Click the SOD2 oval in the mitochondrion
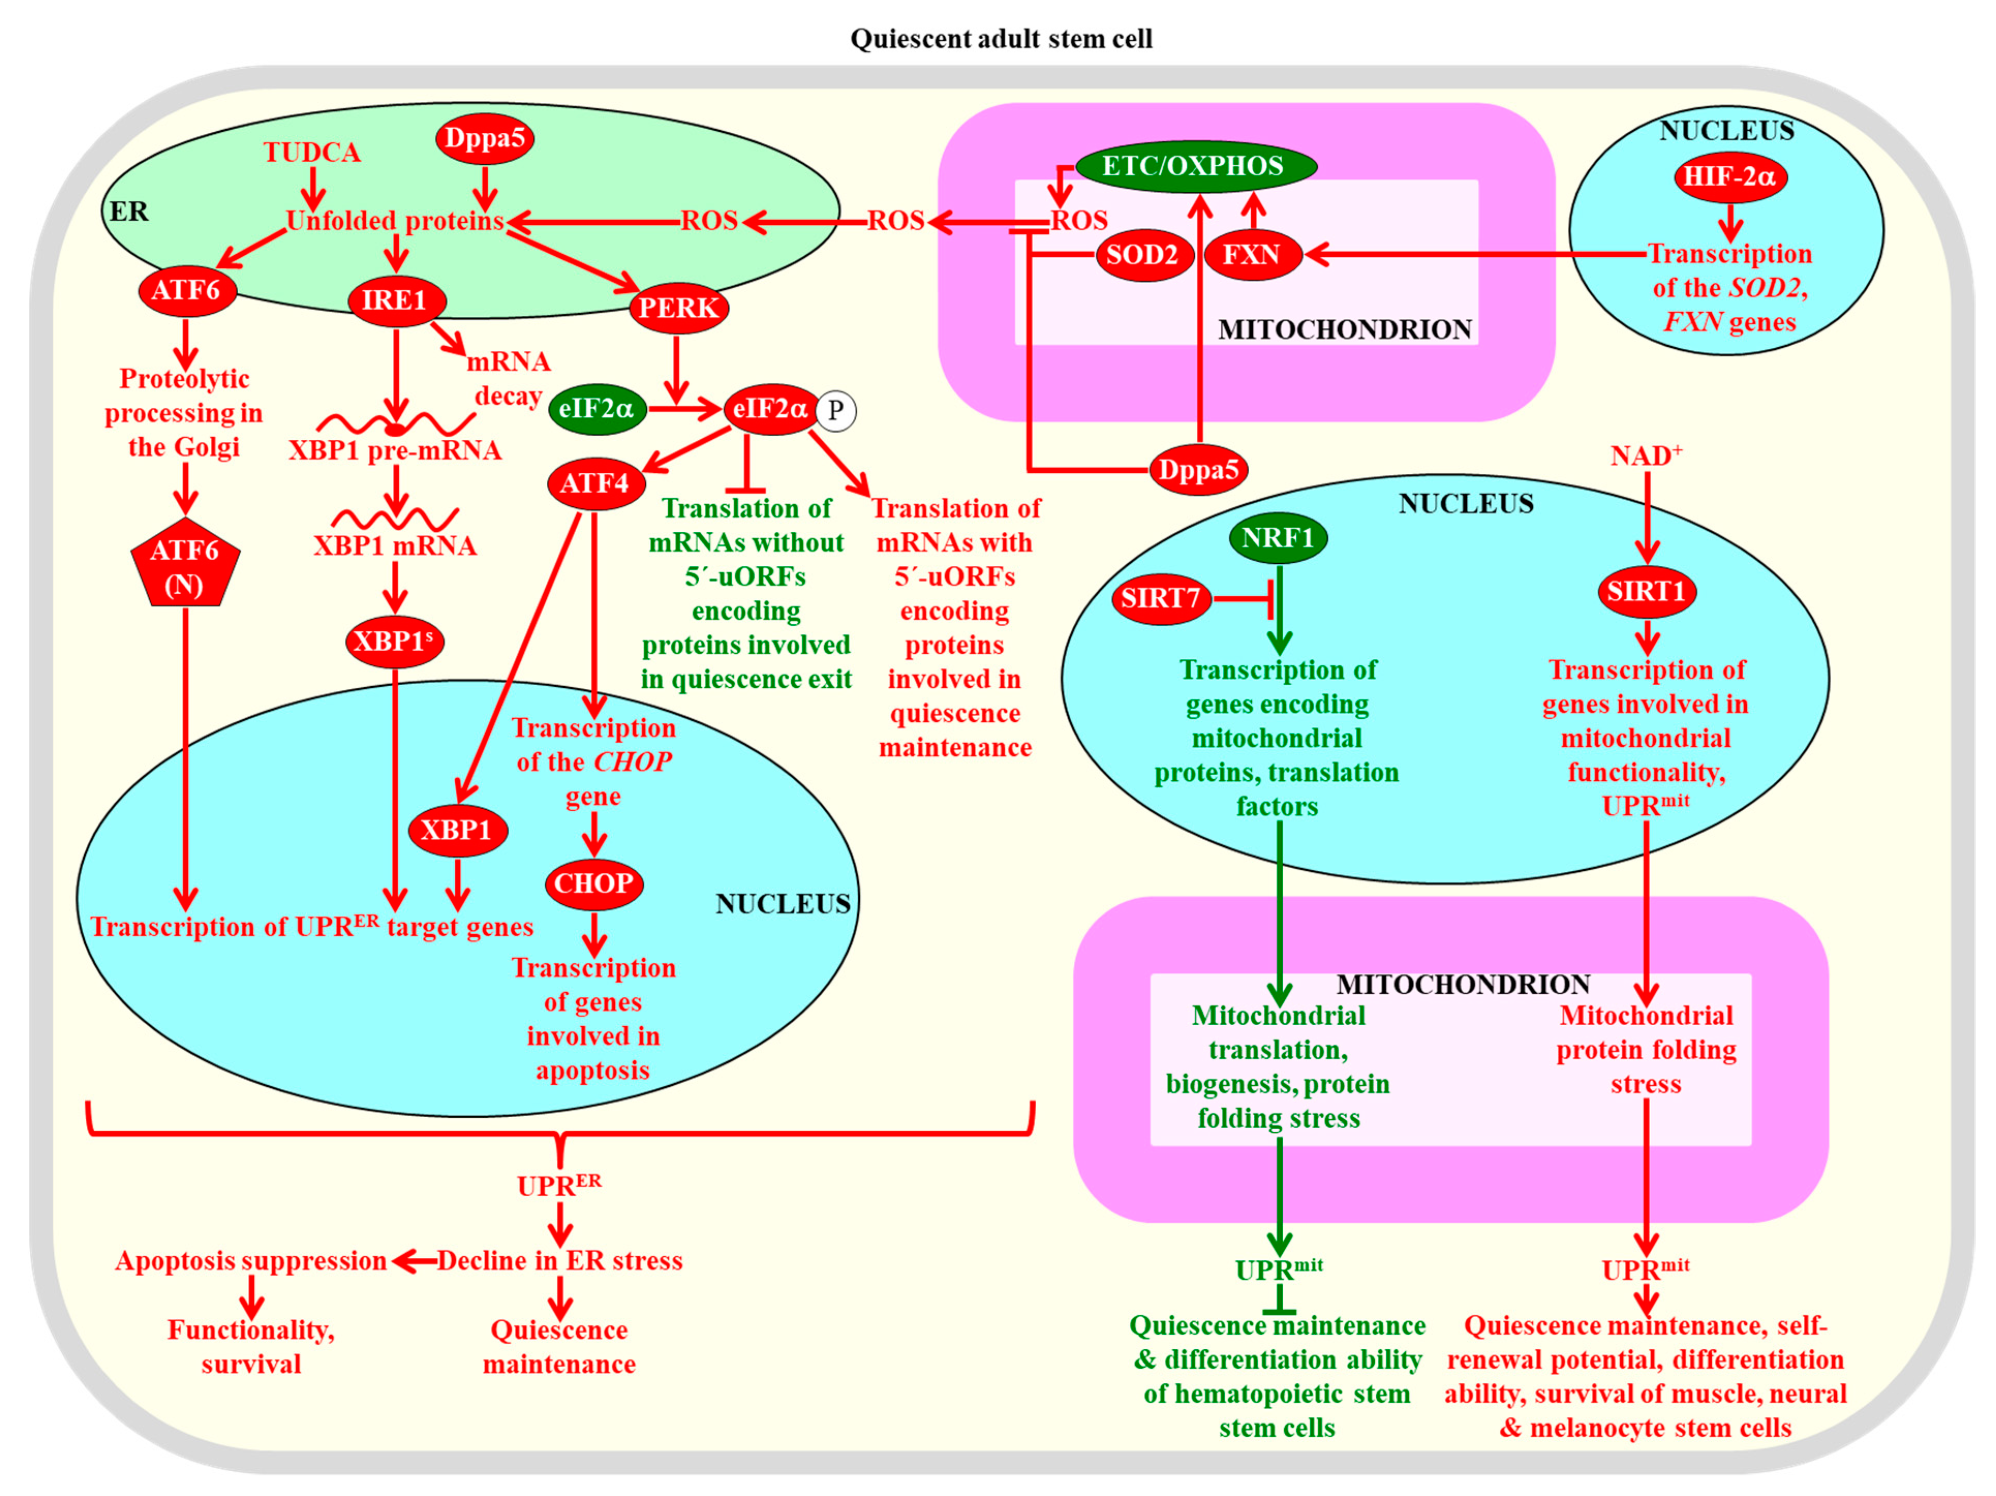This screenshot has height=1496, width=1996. [x=1142, y=255]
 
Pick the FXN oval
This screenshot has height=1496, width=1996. [x=1252, y=255]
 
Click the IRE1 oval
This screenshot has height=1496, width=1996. [x=394, y=300]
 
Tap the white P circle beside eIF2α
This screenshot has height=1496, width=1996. [x=836, y=410]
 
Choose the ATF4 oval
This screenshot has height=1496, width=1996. [x=595, y=484]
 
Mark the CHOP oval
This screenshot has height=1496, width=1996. [x=594, y=883]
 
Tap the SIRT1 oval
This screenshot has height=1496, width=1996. [x=1647, y=592]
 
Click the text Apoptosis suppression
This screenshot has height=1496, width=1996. [x=251, y=1260]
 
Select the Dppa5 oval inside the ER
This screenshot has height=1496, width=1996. [x=485, y=139]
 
